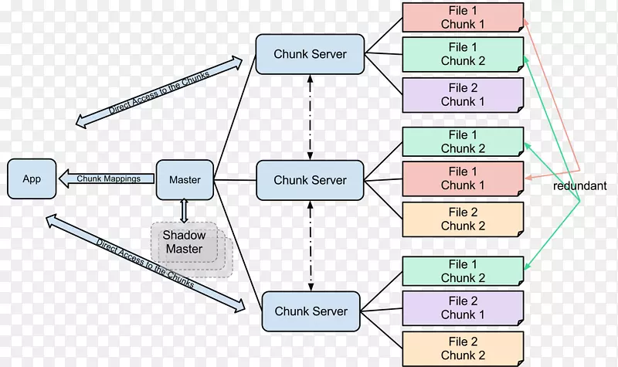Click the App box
coord(32,178)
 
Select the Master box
coord(184,179)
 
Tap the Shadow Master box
coord(184,243)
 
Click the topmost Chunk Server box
coord(310,54)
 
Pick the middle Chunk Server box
coord(310,180)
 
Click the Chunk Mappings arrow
coord(108,178)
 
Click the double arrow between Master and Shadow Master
coord(184,210)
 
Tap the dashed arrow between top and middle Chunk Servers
coord(311,117)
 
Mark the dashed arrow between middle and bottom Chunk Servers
coord(311,245)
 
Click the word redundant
coord(579,186)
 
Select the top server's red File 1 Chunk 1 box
coord(463,18)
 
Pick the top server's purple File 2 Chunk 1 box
coord(463,95)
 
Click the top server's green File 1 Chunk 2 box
coord(463,55)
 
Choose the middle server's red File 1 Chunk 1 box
coord(463,178)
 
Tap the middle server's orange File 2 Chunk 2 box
coord(463,219)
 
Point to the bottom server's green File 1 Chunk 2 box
coord(463,271)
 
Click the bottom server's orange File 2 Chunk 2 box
coord(463,348)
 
